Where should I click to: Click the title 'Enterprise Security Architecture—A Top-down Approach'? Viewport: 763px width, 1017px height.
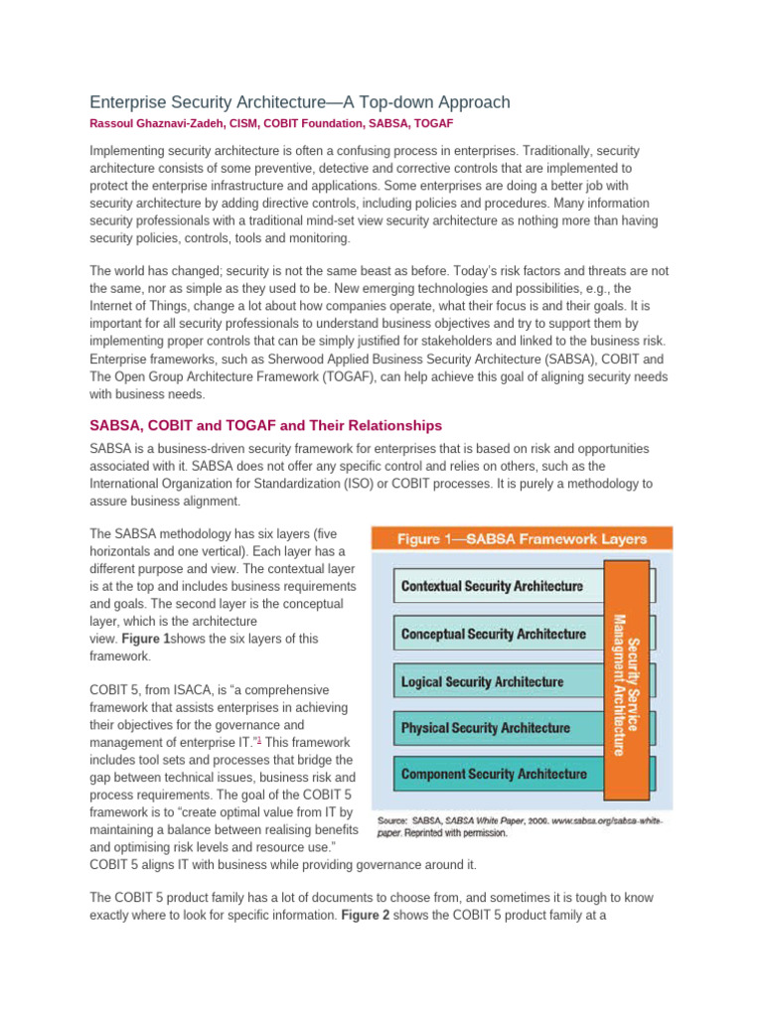tap(300, 102)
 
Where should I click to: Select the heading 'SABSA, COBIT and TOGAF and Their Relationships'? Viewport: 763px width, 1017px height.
tap(265, 425)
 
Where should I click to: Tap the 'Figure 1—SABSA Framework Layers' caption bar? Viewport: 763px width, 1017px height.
tap(522, 539)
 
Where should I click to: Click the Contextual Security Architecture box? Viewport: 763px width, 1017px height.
tap(492, 586)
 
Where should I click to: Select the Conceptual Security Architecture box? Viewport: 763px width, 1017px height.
tap(493, 634)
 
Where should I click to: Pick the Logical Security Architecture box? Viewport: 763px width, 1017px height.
tap(482, 681)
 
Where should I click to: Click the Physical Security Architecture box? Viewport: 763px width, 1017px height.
tap(485, 728)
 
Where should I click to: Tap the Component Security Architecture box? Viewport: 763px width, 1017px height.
tap(493, 775)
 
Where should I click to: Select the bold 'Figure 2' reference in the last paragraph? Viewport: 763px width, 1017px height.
tap(370, 916)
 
